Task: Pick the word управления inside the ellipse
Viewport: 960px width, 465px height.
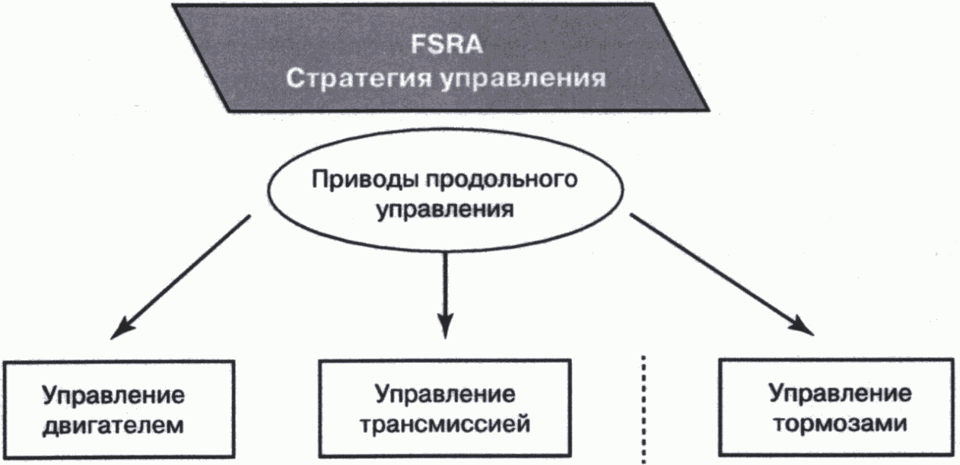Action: click(x=442, y=209)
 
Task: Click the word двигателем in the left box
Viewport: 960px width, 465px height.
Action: click(x=113, y=424)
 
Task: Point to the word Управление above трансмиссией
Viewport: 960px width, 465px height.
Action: click(x=445, y=395)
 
